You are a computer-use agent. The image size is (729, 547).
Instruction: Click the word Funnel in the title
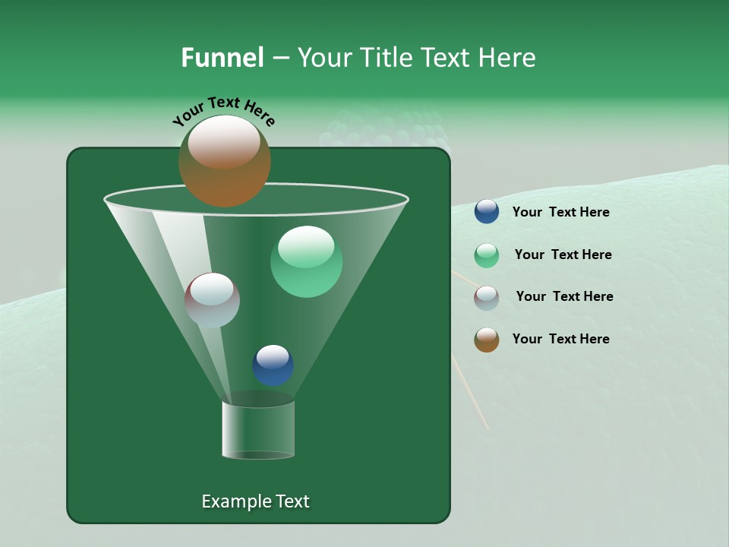tap(222, 58)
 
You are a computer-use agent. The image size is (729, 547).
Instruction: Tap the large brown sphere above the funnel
tap(224, 161)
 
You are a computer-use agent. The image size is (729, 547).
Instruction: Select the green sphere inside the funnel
tap(306, 261)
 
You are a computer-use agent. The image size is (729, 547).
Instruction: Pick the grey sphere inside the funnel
tap(212, 300)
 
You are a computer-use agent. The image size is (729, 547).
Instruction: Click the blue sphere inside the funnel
tap(273, 365)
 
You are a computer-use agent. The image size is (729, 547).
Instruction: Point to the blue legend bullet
tap(486, 212)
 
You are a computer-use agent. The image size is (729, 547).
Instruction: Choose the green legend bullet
tap(486, 255)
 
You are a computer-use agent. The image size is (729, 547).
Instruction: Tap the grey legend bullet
tap(486, 298)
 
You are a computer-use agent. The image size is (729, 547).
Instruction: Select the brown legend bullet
tap(486, 340)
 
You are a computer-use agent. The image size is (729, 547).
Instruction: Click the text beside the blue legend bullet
tap(560, 213)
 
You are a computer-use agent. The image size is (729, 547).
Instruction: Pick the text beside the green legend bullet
tap(563, 255)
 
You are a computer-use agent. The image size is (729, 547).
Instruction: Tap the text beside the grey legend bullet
tap(564, 297)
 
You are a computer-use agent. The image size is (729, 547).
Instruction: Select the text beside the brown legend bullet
tap(560, 340)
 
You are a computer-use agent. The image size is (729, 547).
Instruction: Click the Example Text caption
tap(255, 501)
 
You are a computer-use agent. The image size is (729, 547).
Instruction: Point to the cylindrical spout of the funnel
tap(257, 430)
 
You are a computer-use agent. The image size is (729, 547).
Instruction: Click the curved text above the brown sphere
tap(223, 111)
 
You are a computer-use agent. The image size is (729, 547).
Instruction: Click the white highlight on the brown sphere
tap(224, 142)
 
